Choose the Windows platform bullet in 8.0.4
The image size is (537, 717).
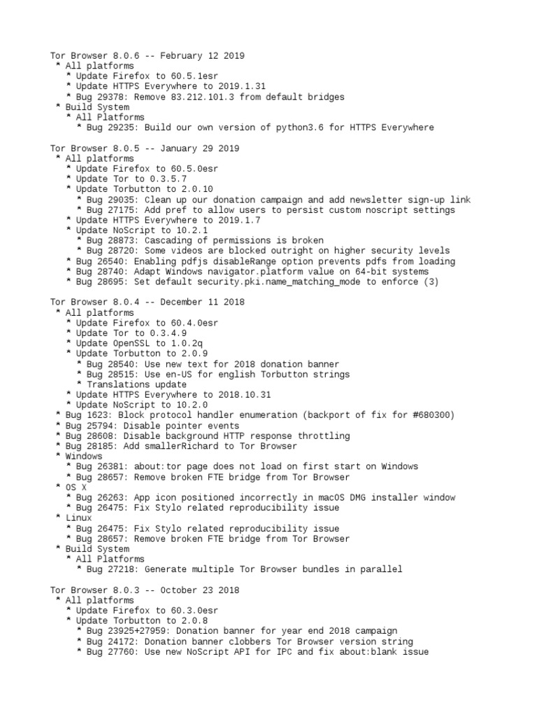click(84, 457)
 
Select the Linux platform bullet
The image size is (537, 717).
click(79, 518)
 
